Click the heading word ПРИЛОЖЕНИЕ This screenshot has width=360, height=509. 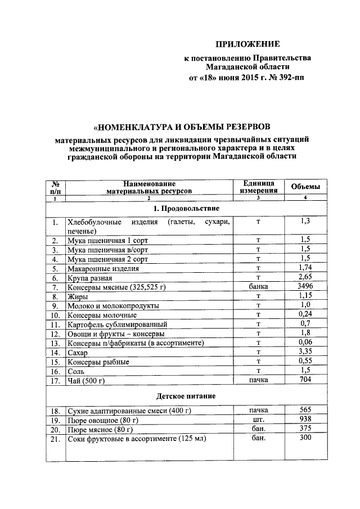pyautogui.click(x=248, y=44)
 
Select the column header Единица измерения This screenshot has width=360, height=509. pyautogui.click(x=258, y=187)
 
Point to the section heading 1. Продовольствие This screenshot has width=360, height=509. pyautogui.click(x=187, y=208)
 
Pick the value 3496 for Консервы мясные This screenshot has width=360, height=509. pyautogui.click(x=305, y=286)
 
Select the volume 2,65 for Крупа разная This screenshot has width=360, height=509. pyautogui.click(x=305, y=277)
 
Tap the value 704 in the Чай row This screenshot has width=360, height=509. pyautogui.click(x=305, y=380)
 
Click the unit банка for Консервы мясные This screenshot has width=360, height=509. pyautogui.click(x=258, y=287)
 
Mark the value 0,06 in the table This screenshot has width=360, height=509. pyautogui.click(x=305, y=343)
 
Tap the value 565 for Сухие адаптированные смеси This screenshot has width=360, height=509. pyautogui.click(x=305, y=410)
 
